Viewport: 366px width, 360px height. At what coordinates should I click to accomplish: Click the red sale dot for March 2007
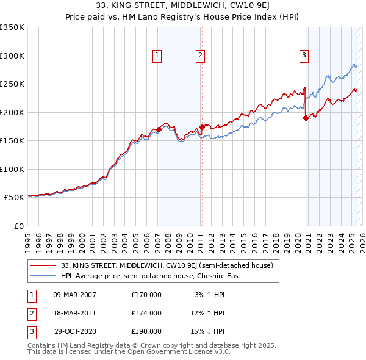(x=159, y=129)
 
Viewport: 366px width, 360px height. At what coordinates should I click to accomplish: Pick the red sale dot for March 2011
(x=202, y=127)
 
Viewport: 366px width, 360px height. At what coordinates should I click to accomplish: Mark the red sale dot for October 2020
(x=306, y=118)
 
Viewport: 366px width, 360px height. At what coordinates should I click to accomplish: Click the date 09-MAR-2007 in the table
(x=74, y=295)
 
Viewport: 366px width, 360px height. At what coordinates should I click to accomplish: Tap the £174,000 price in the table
(x=146, y=313)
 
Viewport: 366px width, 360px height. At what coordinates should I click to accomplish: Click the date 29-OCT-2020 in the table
(x=74, y=331)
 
